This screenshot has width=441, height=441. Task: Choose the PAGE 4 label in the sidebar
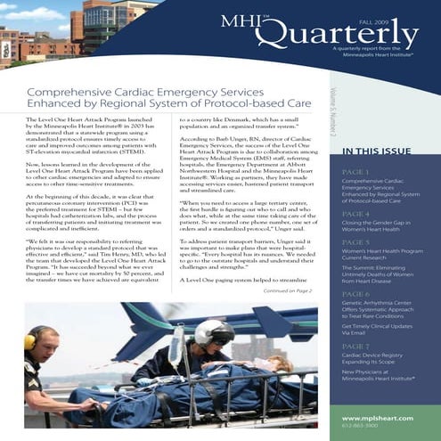pyautogui.click(x=355, y=215)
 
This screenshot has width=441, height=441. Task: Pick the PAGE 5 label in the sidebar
pyautogui.click(x=355, y=241)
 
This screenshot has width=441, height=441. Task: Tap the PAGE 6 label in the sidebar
pyautogui.click(x=355, y=293)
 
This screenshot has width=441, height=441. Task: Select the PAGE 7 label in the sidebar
pyautogui.click(x=355, y=345)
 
